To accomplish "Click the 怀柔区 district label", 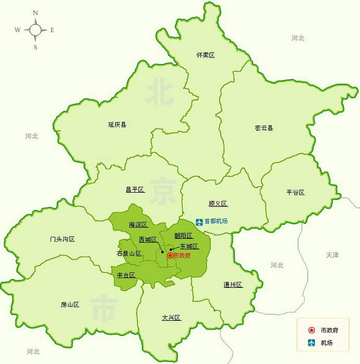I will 206,55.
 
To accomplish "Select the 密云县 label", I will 263,128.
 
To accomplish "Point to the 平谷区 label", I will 295,192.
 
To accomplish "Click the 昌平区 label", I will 135,190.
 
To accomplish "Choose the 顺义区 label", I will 218,204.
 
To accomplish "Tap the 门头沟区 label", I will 63,239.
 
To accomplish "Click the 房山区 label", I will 69,305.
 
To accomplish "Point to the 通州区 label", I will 233,285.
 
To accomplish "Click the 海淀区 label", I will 138,225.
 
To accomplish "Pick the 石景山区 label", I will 129,253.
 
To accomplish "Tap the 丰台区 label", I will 126,275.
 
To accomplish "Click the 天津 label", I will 332,255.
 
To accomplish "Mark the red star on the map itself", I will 170,256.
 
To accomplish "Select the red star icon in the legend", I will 311,330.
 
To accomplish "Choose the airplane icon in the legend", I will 311,343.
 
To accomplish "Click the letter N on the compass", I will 35,13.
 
